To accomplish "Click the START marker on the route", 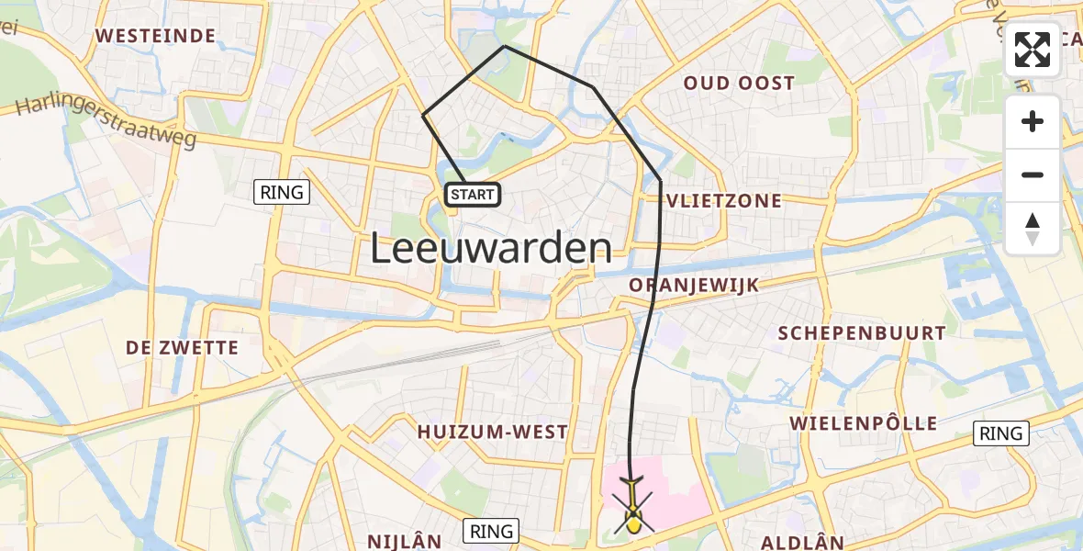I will (473, 194).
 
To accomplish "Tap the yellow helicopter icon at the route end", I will (632, 515).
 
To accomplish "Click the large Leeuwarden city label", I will (491, 249).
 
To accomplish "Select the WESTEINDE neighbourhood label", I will (155, 37).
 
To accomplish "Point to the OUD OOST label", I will (739, 84).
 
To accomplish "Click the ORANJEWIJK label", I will (694, 286).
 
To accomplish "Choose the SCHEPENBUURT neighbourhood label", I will (861, 333).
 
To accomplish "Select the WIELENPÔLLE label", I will (864, 423).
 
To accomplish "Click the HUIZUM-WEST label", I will (493, 431).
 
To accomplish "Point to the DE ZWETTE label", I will (182, 348).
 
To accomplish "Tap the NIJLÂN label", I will (405, 542).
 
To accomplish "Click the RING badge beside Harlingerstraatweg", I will (282, 192).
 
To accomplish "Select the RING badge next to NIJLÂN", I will (492, 530).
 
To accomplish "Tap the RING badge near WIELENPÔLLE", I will (1000, 433).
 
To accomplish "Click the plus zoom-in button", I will (1033, 122).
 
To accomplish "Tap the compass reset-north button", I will (1033, 229).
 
